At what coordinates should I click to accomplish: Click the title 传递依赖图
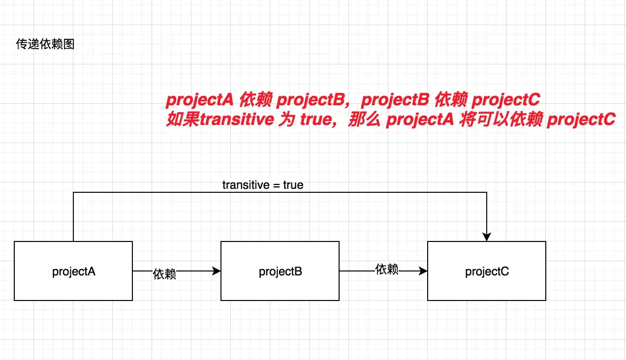45,44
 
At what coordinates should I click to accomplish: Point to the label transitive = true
263,185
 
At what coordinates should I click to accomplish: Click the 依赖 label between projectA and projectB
164,274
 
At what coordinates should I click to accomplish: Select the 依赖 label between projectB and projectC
387,269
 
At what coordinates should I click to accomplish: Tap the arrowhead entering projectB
216,271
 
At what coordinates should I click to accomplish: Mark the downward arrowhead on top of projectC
487,237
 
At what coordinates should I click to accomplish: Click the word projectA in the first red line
200,100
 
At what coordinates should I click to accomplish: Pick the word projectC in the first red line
506,100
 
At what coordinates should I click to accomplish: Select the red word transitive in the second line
236,120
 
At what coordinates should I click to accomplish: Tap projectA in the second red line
420,120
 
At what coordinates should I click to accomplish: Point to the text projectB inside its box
280,271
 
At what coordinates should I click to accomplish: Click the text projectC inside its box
487,271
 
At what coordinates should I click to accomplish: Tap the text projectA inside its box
73,271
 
